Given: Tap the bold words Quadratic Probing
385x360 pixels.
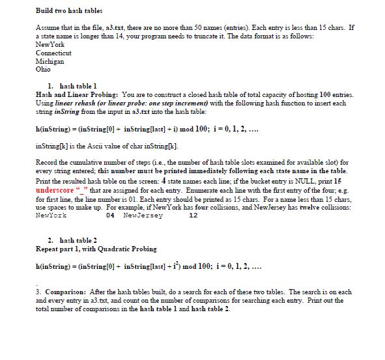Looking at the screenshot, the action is pos(120,248).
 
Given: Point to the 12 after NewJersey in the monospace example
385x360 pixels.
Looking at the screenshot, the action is pos(192,214).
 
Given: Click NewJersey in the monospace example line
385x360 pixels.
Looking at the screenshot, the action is pos(143,214).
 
